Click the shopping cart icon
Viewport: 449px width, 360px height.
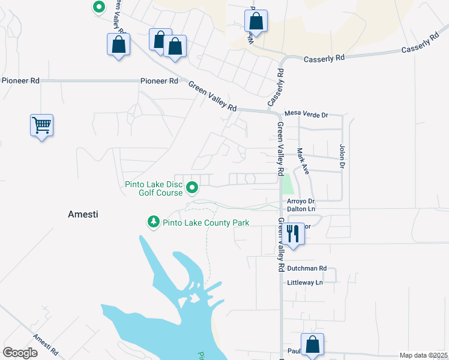tap(42, 125)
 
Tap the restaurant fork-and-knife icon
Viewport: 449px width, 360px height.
tap(293, 232)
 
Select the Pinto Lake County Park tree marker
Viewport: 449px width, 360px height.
tap(154, 223)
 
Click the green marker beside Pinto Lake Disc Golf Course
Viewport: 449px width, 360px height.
tap(193, 188)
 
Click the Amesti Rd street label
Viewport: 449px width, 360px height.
tap(46, 344)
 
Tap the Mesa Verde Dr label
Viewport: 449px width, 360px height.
tap(306, 114)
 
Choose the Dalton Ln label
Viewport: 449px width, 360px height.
tap(301, 208)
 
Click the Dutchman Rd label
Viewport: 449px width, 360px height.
tap(306, 268)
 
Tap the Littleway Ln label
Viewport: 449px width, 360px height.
tap(305, 282)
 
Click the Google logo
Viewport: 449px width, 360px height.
tap(20, 352)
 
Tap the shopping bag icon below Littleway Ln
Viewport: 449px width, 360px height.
tap(312, 344)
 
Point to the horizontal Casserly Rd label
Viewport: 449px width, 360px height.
tap(324, 59)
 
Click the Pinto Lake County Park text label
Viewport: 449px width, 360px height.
tap(205, 223)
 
